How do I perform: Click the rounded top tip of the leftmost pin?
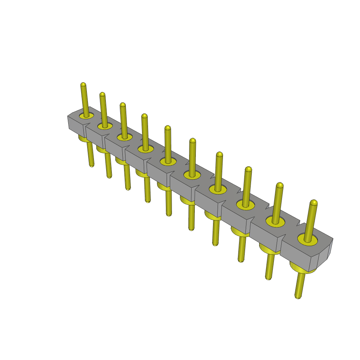coord(83,85)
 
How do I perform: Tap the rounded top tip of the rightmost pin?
coord(314,203)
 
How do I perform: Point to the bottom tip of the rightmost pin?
coord(298,297)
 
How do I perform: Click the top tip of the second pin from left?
coord(102,95)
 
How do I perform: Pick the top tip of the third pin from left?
coord(122,105)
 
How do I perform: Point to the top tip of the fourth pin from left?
coord(144,116)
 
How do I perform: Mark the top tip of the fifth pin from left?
coord(168,128)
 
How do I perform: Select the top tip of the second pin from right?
coord(280,185)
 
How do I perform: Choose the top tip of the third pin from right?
coord(248,169)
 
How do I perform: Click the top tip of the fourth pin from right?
coord(219,154)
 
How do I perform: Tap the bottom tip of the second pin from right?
coord(268,278)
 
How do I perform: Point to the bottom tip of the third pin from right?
coord(241,261)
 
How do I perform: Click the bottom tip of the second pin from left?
coord(109,177)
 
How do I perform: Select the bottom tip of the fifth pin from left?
coord(169,214)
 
